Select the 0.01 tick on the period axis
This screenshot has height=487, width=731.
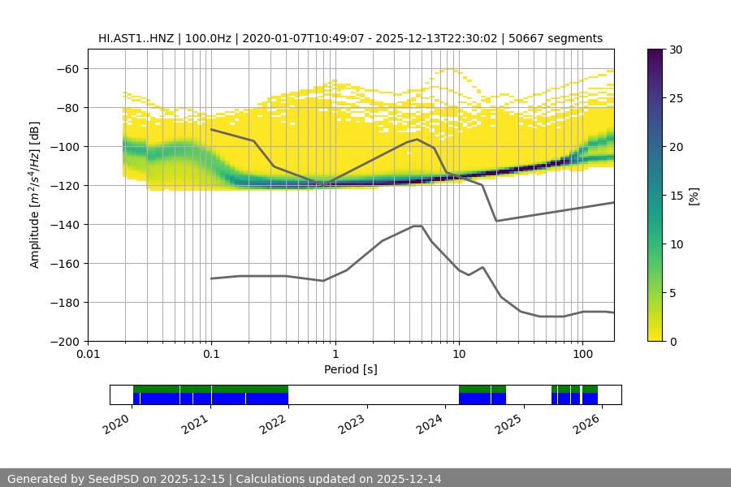(88, 355)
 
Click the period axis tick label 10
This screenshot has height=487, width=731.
(458, 355)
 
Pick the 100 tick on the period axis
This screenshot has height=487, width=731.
(582, 355)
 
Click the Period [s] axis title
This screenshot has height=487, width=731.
(351, 369)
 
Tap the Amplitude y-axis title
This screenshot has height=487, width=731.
(35, 195)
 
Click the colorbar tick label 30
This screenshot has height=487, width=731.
(676, 50)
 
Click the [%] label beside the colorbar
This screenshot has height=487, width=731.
(694, 196)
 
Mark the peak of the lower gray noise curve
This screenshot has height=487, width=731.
(417, 226)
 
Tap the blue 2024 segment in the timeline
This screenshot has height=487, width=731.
(482, 399)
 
